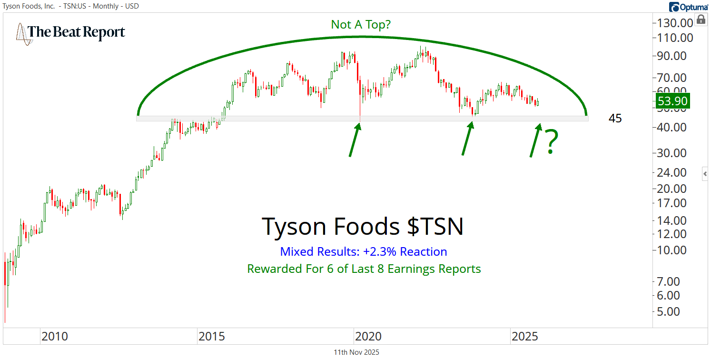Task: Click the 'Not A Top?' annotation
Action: [361, 24]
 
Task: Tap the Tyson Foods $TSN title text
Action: [363, 227]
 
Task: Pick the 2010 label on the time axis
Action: [55, 337]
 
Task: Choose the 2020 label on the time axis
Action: [368, 337]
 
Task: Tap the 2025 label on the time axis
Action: [525, 337]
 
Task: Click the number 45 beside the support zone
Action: [615, 119]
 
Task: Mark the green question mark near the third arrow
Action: [551, 142]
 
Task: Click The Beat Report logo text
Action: [76, 32]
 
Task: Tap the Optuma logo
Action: [688, 7]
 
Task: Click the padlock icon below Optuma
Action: [701, 20]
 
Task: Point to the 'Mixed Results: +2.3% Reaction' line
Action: [364, 252]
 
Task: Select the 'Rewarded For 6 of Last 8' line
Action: [364, 269]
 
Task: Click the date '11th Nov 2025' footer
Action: [356, 352]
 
